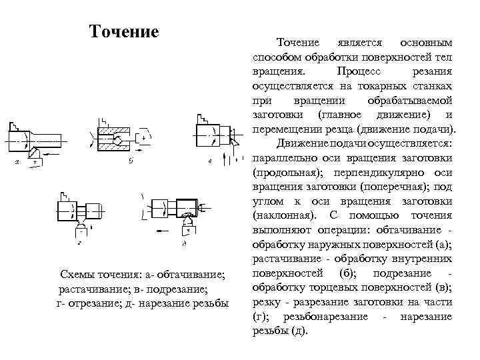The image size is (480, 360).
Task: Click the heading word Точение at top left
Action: click(123, 31)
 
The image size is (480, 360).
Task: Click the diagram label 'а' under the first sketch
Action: click(17, 161)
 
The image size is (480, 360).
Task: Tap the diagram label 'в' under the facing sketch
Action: click(210, 161)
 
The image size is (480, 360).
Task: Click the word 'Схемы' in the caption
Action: click(78, 275)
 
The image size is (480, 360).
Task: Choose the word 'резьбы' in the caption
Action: click(208, 303)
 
